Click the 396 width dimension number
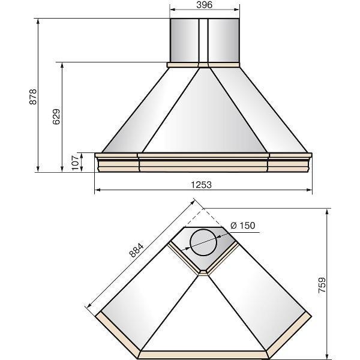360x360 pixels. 205,5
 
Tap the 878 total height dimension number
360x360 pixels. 33,97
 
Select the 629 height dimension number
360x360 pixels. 56,116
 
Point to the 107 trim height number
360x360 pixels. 75,163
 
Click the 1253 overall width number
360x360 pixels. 202,185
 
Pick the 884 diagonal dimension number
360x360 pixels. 136,250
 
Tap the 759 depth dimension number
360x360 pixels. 322,285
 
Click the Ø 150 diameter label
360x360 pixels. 242,226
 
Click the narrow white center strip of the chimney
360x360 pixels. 203,40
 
